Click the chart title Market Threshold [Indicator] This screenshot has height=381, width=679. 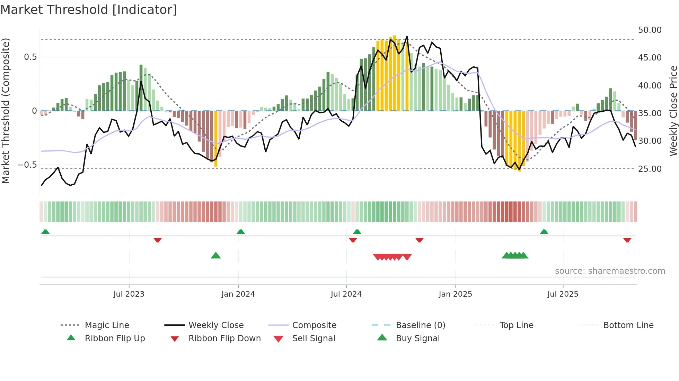89,10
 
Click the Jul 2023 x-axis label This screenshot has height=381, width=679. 129,294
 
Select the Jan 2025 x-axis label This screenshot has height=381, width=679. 455,294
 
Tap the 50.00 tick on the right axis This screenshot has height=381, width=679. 650,30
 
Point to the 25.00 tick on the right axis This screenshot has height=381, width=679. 650,169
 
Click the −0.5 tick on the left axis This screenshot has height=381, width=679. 27,165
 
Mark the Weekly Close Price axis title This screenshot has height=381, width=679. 673,111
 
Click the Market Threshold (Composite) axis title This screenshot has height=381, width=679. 6,111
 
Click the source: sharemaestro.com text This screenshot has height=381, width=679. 610,271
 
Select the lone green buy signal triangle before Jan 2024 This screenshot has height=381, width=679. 216,255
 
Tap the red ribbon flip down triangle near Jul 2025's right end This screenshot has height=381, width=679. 627,240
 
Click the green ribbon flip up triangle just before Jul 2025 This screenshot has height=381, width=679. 544,232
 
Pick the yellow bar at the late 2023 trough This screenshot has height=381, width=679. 216,138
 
